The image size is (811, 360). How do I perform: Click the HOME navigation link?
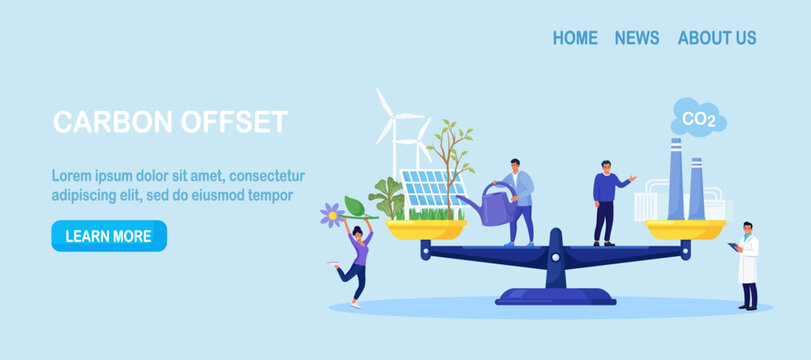[575, 38]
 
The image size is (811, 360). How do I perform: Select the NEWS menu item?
[637, 38]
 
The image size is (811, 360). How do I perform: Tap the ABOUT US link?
[717, 38]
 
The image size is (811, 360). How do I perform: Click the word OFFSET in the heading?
[234, 122]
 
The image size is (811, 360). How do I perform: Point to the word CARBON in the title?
[113, 122]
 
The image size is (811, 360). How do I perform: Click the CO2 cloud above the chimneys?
[698, 118]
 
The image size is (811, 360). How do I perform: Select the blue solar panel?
[433, 189]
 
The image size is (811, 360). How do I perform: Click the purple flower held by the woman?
[332, 215]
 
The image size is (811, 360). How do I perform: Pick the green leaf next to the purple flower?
[356, 207]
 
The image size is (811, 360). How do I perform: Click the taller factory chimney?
[675, 178]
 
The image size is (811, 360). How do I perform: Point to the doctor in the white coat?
[746, 265]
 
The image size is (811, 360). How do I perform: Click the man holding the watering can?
[519, 202]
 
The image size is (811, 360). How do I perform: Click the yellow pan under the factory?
[685, 229]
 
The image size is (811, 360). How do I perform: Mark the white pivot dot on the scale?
[555, 257]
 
